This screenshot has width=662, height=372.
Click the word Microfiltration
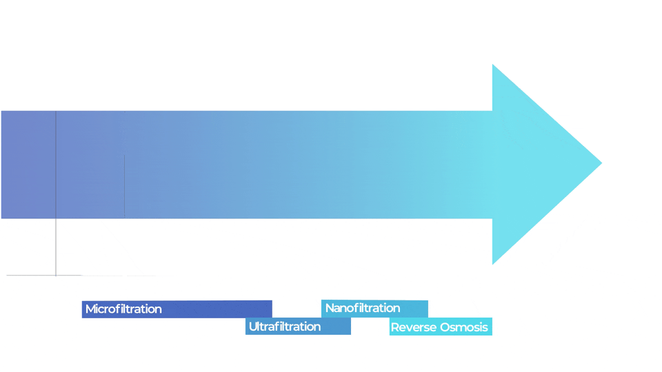[x=123, y=309]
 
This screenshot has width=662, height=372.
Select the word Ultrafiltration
[x=285, y=327]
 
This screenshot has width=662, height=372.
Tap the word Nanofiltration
[x=363, y=308]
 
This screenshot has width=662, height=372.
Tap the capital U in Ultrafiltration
[x=252, y=327]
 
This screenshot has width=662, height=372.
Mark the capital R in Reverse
[x=394, y=327]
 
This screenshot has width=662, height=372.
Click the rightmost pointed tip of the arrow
[x=601, y=163]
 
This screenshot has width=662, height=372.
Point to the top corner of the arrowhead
[x=493, y=65]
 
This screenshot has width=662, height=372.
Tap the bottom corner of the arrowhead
[x=493, y=263]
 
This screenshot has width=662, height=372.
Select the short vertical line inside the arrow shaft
[x=125, y=186]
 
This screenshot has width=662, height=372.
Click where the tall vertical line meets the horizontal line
[x=56, y=276]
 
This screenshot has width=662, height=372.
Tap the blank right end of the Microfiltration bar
[x=228, y=309]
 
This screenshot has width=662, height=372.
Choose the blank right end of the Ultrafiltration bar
[x=338, y=327]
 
